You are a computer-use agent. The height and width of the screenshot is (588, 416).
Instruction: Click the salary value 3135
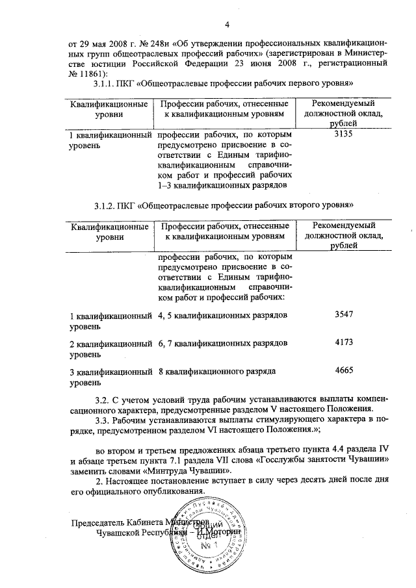[x=342, y=135]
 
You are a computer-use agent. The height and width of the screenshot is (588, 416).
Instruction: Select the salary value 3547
[x=342, y=314]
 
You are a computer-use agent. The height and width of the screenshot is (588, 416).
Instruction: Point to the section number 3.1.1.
[x=107, y=84]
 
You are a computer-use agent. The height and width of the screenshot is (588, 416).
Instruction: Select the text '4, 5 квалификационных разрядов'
[x=222, y=314]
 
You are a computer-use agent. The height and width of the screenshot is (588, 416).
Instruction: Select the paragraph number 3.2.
[x=103, y=398]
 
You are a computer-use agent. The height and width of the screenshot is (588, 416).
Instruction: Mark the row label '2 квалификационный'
[x=111, y=342]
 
